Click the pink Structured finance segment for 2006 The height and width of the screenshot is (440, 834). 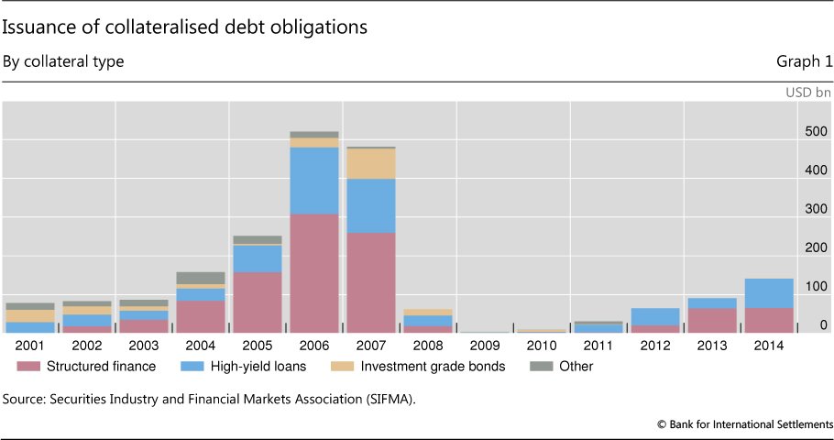[313, 273]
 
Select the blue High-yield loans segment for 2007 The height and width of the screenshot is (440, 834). [370, 205]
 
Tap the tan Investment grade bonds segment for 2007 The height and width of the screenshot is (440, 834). [370, 163]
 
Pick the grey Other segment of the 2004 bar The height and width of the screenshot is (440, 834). [200, 278]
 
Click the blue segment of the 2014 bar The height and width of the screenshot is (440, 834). [768, 293]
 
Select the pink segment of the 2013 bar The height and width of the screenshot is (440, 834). [711, 320]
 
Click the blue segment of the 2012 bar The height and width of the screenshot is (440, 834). [654, 316]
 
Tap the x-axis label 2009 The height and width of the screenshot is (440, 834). [484, 346]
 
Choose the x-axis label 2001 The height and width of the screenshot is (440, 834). [30, 346]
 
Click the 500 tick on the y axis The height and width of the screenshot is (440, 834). [816, 131]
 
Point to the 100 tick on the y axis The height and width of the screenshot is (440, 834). [816, 287]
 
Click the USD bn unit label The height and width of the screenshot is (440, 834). [808, 93]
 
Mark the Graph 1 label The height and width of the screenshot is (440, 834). [805, 61]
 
